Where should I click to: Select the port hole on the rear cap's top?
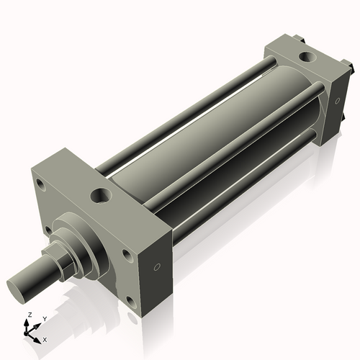click(x=307, y=55)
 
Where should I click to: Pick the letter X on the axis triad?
click(x=45, y=338)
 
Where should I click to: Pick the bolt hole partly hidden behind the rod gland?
click(x=48, y=230)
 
